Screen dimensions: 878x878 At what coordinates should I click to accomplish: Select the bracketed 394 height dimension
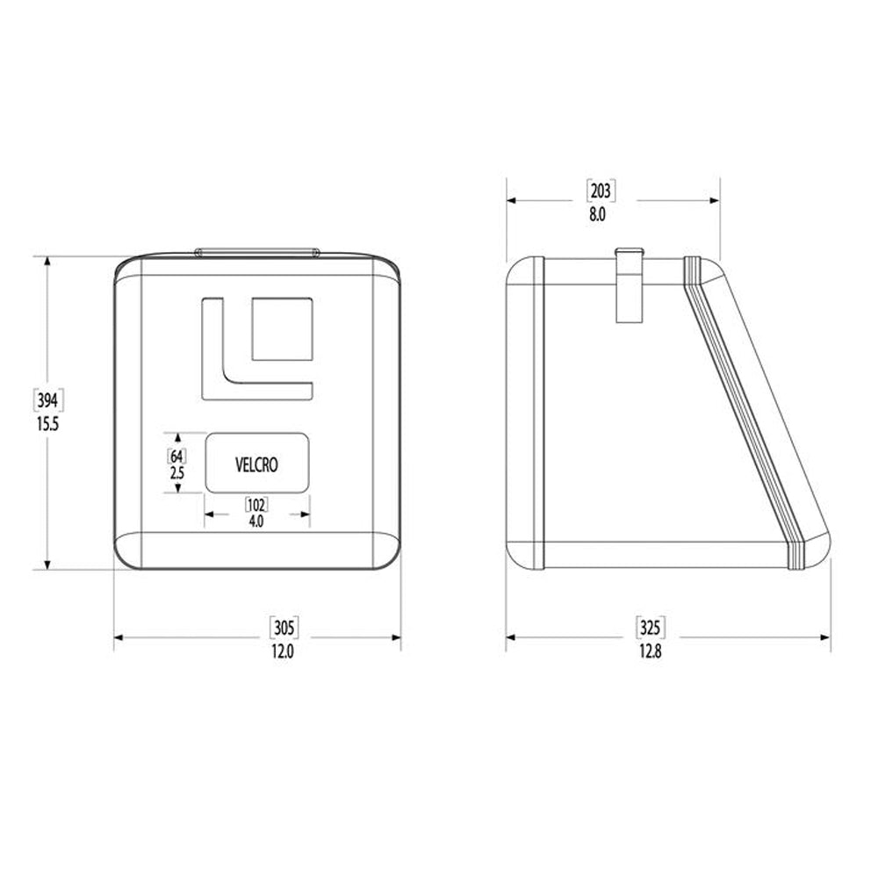pyautogui.click(x=47, y=401)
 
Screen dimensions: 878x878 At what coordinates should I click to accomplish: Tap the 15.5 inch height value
pyautogui.click(x=47, y=422)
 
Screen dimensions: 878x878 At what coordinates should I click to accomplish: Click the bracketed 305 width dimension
pyautogui.click(x=283, y=627)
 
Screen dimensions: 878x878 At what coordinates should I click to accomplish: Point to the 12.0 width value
pyautogui.click(x=282, y=651)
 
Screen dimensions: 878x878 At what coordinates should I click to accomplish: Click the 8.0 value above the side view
pyautogui.click(x=598, y=213)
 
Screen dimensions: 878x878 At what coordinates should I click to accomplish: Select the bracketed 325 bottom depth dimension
pyautogui.click(x=649, y=627)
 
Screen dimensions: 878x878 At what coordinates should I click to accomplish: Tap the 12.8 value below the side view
pyautogui.click(x=649, y=651)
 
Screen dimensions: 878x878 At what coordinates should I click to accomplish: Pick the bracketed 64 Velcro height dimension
pyautogui.click(x=178, y=456)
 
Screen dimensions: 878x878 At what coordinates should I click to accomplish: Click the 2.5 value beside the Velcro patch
pyautogui.click(x=178, y=471)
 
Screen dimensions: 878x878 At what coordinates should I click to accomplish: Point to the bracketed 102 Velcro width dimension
pyautogui.click(x=256, y=505)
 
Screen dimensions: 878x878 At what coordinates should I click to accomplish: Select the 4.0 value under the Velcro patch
pyautogui.click(x=256, y=521)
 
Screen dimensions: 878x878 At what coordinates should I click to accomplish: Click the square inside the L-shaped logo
pyautogui.click(x=282, y=329)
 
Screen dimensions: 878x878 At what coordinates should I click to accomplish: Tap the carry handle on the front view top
pyautogui.click(x=256, y=252)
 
